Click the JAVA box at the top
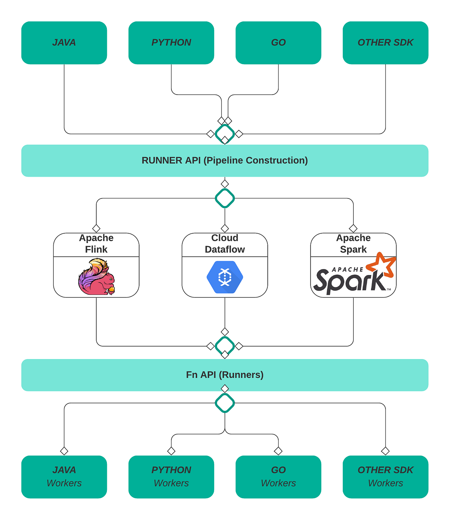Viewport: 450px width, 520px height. (64, 43)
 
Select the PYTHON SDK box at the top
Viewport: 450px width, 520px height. (171, 43)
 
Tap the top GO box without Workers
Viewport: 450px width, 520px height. (278, 43)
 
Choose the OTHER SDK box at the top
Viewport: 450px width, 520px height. (385, 43)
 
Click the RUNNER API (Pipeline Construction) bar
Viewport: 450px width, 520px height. (225, 161)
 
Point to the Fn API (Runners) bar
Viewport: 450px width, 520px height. (225, 375)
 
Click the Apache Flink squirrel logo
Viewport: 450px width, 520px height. (96, 277)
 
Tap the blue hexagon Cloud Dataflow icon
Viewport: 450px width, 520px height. (225, 277)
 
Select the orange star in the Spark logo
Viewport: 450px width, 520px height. (381, 265)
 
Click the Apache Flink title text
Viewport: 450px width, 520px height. (96, 244)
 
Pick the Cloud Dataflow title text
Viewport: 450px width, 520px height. (225, 244)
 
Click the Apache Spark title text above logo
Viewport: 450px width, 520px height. (353, 244)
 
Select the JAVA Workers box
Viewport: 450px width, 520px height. (64, 476)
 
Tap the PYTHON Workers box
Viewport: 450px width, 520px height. (171, 476)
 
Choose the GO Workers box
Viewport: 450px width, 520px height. (278, 476)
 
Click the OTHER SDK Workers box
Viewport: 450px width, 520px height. (385, 476)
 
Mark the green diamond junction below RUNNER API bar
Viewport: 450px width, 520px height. (225, 198)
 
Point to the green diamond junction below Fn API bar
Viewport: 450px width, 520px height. (225, 403)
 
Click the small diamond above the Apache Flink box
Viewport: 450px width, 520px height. (96, 228)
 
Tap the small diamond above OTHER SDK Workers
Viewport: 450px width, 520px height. (385, 451)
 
